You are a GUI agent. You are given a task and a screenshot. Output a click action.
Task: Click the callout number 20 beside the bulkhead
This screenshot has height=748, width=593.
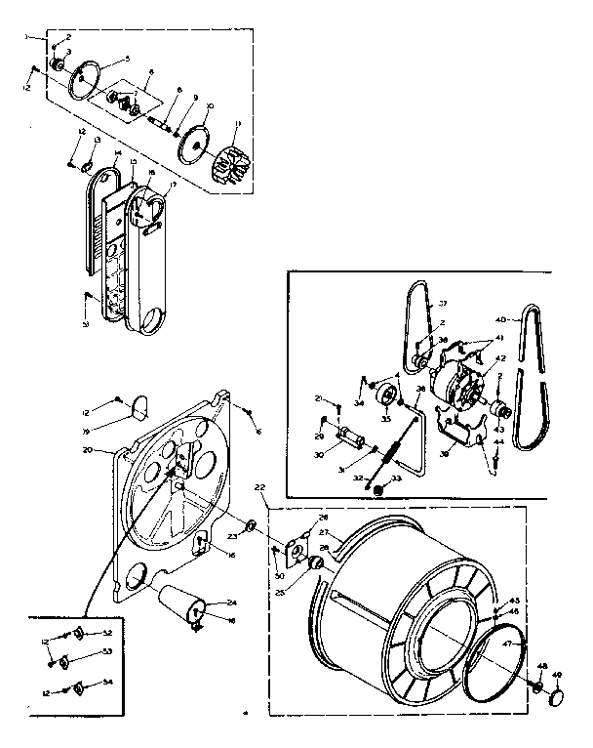coord(87,450)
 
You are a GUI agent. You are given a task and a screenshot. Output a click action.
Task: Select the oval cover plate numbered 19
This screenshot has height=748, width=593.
coord(138,401)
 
